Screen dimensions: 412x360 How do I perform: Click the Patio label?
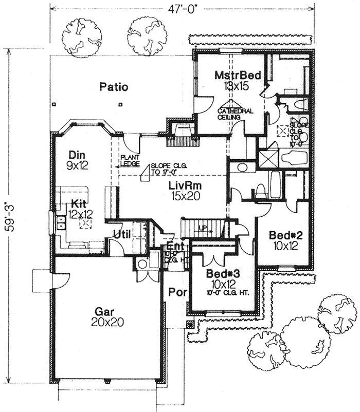114,87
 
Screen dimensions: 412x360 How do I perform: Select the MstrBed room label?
238,76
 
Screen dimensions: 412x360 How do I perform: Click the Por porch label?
176,292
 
